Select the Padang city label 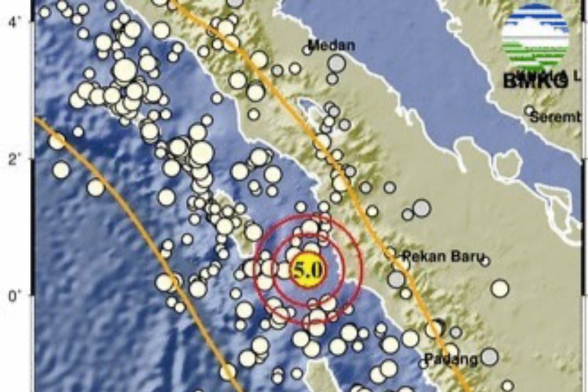[451, 360]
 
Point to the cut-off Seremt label [556, 118]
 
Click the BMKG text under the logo [536, 81]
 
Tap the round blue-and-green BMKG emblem [536, 37]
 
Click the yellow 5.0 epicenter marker [307, 269]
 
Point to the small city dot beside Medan [307, 49]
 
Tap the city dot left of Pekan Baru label [390, 253]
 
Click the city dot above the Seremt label [529, 111]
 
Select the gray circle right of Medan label [337, 63]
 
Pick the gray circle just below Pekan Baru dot [396, 279]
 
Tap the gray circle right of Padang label [489, 357]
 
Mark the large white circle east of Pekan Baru [500, 288]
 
